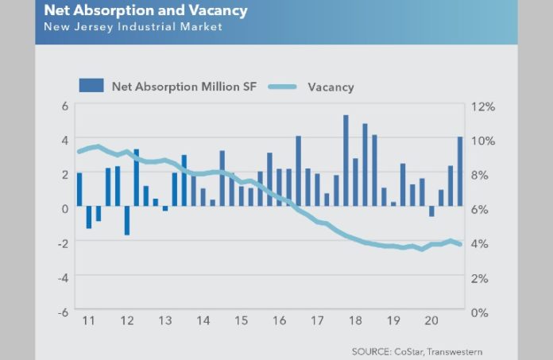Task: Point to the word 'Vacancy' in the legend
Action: click(331, 87)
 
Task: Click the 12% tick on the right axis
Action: click(485, 106)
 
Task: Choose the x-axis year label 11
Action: click(89, 321)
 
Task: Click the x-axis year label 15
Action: click(240, 321)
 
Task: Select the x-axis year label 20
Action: click(430, 321)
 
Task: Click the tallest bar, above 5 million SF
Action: click(346, 159)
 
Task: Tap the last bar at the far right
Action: click(460, 171)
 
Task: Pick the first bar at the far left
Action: click(79, 189)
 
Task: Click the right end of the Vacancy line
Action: click(461, 244)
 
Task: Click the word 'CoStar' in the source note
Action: click(402, 351)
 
